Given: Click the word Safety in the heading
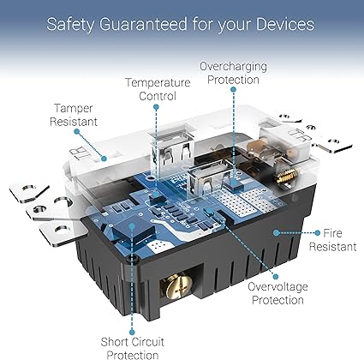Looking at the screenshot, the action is [70, 24].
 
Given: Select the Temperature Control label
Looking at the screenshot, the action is [158, 89].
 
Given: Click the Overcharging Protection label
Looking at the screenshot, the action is [233, 73].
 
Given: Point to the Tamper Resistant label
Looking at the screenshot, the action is [74, 115].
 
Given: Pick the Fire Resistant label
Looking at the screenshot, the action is [333, 240].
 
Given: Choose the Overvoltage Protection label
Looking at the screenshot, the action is [277, 293].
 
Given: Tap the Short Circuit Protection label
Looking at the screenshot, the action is [133, 348].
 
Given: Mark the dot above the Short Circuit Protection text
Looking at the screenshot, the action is [132, 332].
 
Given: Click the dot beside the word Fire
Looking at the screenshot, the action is [318, 233].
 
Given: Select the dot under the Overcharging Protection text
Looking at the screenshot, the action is [233, 89].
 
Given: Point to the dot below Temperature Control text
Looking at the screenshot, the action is [156, 107].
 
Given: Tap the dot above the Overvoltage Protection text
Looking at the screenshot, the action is [276, 277].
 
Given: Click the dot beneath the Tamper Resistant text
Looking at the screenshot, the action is [76, 131].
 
